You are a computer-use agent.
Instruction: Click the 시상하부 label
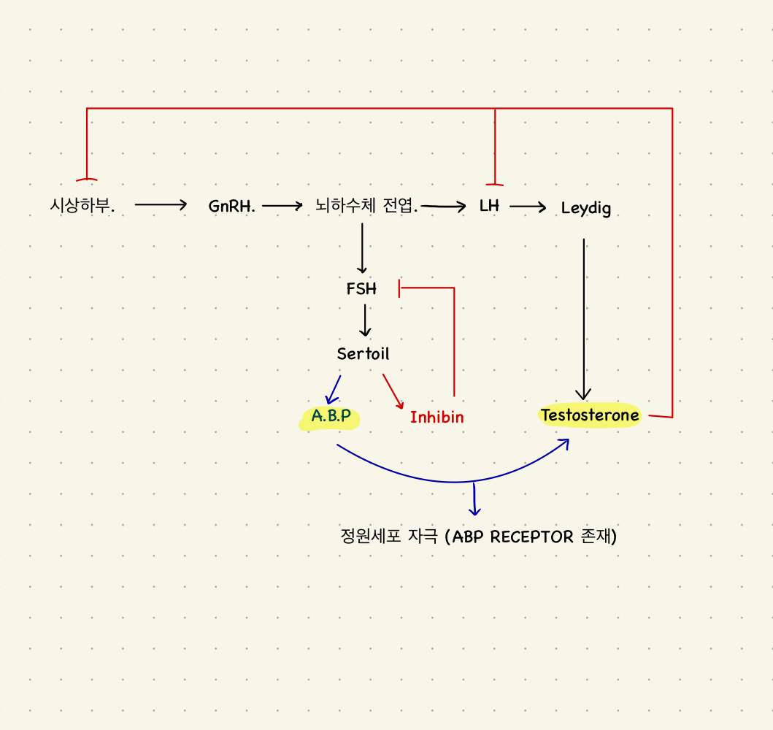[82, 206]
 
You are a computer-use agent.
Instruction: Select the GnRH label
[231, 207]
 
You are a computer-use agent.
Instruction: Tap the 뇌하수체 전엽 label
[366, 206]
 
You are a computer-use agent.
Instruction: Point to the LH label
[489, 206]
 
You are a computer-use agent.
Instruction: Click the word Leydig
[585, 208]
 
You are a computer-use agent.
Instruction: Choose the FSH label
[361, 289]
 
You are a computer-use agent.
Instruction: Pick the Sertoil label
[363, 354]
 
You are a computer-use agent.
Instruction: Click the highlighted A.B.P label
[331, 416]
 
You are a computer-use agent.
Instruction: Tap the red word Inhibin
[437, 418]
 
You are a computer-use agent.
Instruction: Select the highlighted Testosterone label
[590, 415]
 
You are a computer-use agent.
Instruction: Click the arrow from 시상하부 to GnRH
[161, 206]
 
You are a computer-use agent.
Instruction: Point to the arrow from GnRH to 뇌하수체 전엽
[282, 207]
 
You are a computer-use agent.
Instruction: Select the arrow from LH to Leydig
[528, 207]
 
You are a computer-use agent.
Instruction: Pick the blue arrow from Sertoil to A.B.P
[334, 389]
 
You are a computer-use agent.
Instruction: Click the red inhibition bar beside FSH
[399, 288]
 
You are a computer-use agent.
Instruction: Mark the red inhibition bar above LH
[495, 183]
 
